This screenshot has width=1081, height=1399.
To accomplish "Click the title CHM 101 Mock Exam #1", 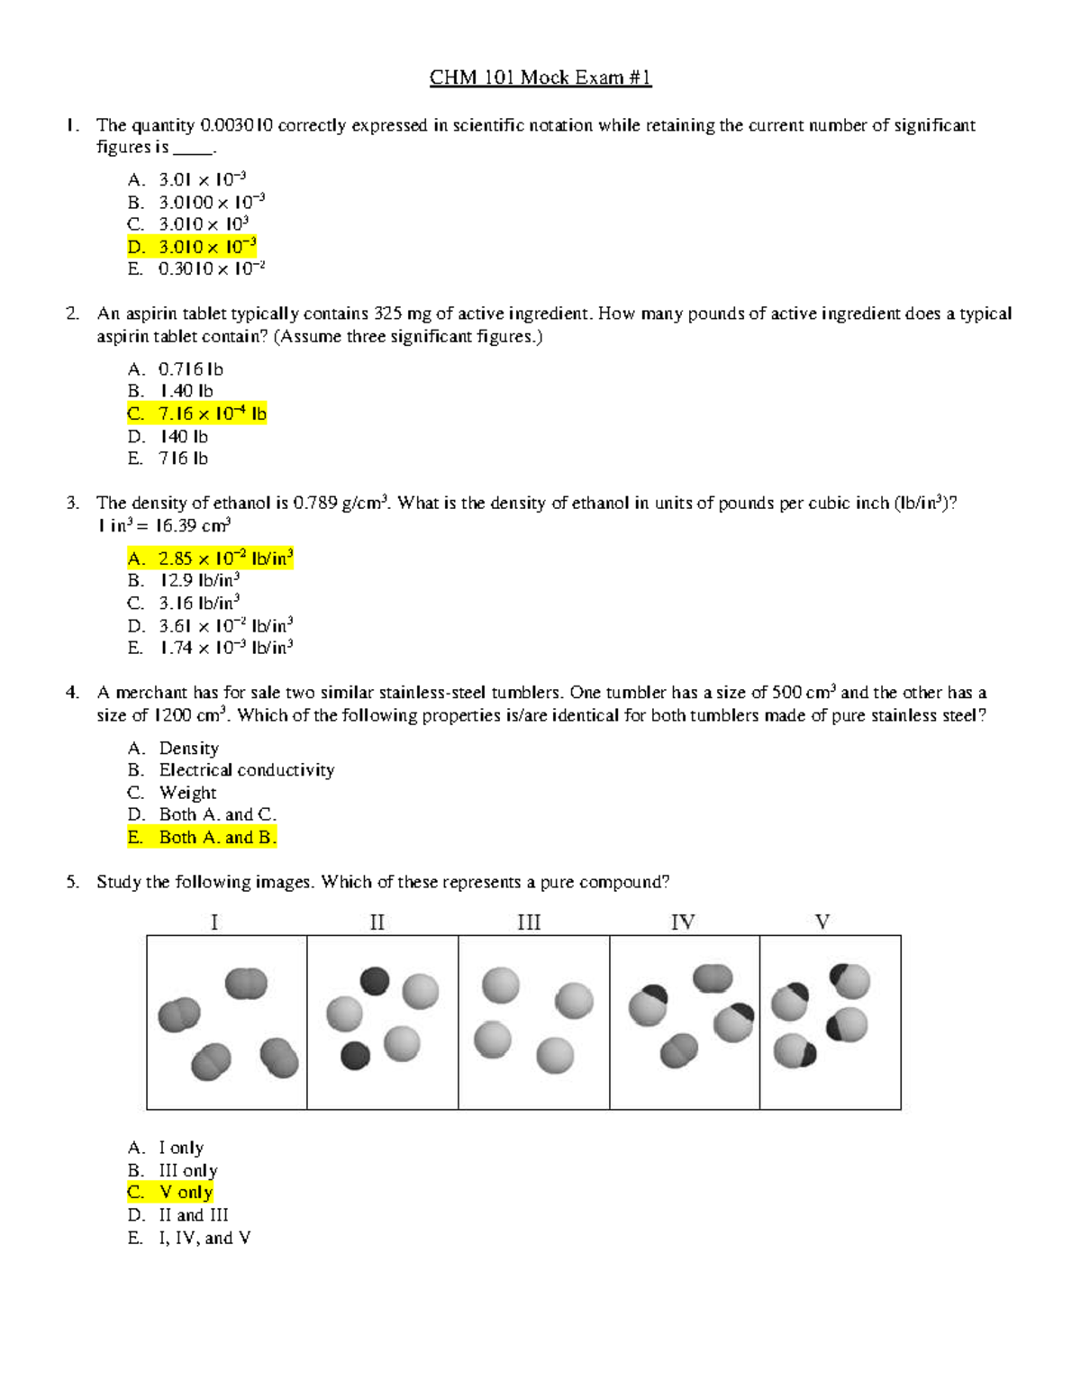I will coord(540,77).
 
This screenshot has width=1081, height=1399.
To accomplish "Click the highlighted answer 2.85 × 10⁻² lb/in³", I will coord(210,559).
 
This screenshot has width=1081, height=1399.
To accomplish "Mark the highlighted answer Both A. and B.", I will coord(202,838).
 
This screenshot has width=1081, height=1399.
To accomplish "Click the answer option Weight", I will coord(187,793).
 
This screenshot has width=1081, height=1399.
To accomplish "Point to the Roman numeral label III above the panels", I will coord(529,922).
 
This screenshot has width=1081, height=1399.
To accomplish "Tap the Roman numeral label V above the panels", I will coord(822,922).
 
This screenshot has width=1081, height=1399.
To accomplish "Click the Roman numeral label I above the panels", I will coord(214,922).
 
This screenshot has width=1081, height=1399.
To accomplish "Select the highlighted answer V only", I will coord(170,1193).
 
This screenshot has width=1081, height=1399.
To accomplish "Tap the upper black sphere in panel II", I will coord(375,981).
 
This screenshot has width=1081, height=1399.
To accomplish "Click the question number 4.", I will coord(72,693).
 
